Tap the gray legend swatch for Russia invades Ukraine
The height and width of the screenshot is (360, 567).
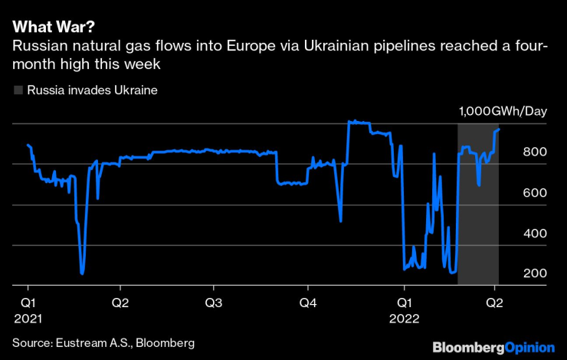point(18,90)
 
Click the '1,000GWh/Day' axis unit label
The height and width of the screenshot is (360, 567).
point(503,112)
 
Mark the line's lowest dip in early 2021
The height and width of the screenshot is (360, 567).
point(82,273)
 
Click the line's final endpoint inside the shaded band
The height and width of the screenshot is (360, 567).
point(499,129)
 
